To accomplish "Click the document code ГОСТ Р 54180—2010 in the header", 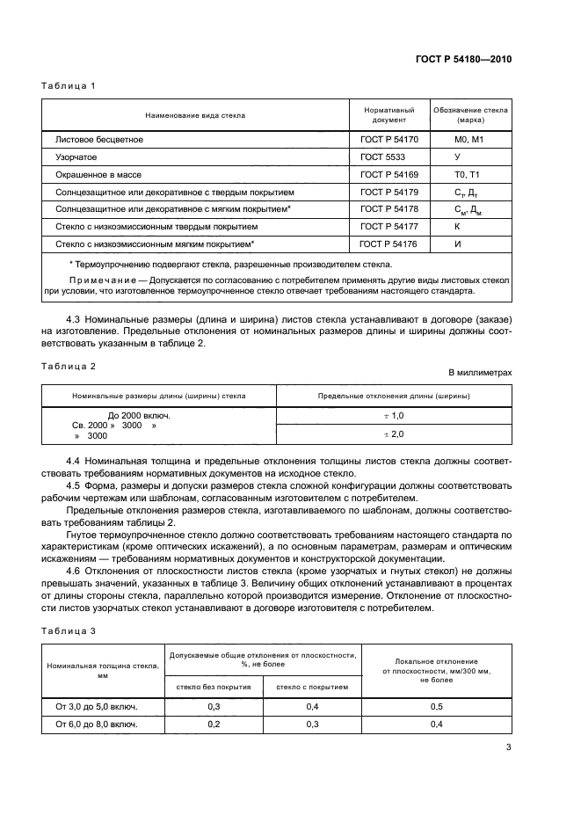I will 463,59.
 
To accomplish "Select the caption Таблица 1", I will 69,86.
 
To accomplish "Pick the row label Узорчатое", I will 76,157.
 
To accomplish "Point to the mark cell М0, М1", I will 469,139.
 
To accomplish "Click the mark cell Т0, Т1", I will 468,174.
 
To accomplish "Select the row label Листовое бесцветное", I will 98,139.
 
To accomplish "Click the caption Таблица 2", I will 69,365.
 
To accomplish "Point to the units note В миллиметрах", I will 480,372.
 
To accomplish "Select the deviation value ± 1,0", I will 393,415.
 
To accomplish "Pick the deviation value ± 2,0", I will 393,434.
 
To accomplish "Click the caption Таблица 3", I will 69,630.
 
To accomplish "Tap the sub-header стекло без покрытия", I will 214,688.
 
